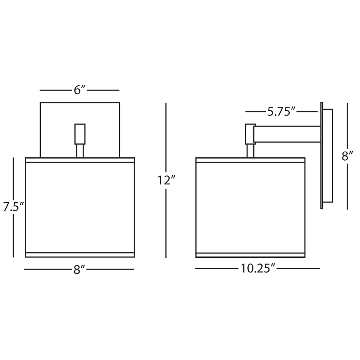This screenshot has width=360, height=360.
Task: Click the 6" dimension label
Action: coord(80,90)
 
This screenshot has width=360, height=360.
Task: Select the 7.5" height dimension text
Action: coord(14,207)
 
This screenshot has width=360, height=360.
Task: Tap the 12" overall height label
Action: coord(166,180)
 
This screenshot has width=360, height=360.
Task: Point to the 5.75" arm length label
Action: coord(281,112)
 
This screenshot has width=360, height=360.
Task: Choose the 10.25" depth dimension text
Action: coord(258,269)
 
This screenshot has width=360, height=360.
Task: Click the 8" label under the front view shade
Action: coord(80,270)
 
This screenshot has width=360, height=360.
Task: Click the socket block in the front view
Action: coord(80,134)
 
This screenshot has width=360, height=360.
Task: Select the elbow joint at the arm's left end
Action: coord(250,134)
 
